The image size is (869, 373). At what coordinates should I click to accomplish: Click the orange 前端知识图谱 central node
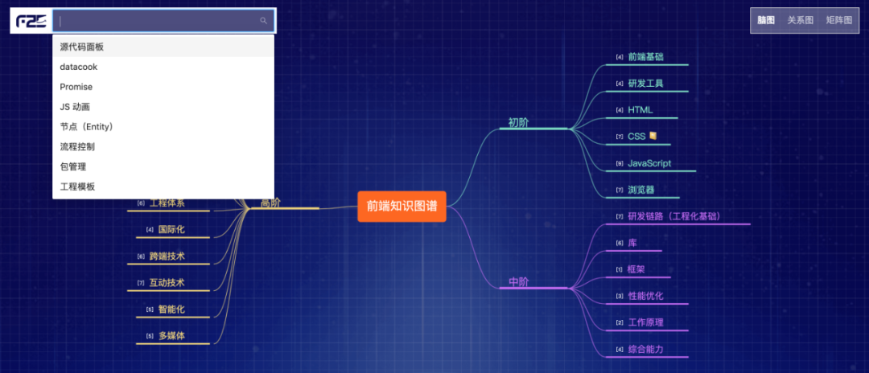tap(402, 206)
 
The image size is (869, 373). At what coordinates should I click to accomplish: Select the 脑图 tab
tap(766, 20)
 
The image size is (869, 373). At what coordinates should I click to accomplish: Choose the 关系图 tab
tap(800, 20)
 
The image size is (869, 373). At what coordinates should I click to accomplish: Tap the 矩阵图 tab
tap(838, 20)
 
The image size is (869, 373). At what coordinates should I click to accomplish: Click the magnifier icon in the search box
tap(263, 21)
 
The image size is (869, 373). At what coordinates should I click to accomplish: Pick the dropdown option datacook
tap(78, 67)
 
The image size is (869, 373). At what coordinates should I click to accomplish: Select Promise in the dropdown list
tap(76, 87)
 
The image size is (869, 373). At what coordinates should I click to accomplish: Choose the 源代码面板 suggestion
tap(81, 47)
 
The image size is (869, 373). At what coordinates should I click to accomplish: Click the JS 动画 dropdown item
tap(75, 107)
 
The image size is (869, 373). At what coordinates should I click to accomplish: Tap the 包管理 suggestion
tap(72, 166)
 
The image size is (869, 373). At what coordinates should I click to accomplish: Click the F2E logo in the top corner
tap(31, 21)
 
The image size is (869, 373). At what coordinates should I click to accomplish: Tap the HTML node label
tap(640, 110)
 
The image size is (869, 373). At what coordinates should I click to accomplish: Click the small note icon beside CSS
tap(653, 136)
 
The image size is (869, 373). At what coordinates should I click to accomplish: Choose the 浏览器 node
tap(640, 191)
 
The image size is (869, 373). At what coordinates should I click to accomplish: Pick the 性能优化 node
tap(645, 296)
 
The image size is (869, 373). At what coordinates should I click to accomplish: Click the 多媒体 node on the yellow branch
tap(171, 336)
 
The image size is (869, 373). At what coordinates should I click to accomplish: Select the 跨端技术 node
tap(167, 256)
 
